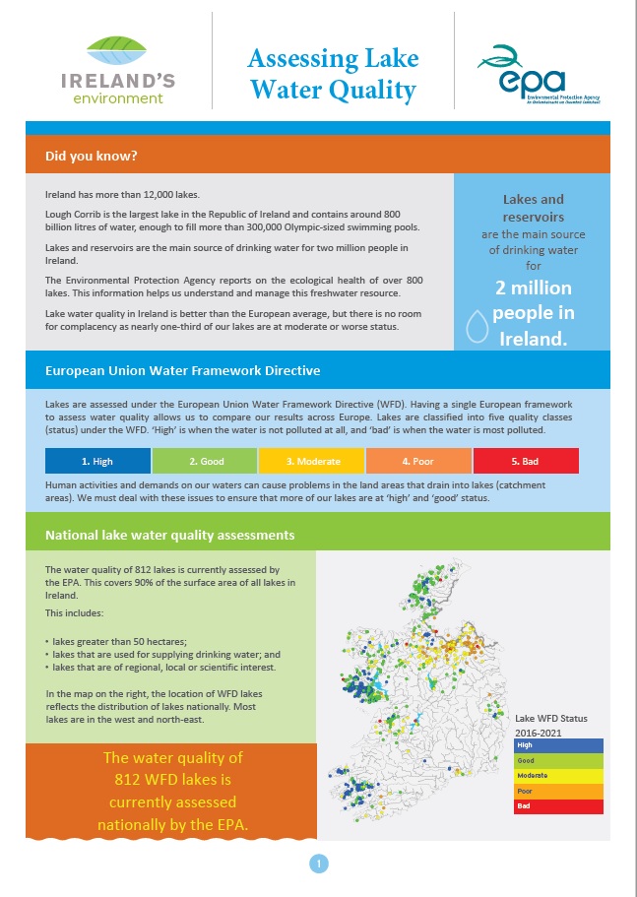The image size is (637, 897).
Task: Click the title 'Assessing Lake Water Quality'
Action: point(332,75)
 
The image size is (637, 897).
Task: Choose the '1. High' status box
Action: point(98,461)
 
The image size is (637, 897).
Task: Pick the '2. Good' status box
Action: point(205,461)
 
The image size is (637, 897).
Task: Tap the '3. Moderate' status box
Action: point(312,461)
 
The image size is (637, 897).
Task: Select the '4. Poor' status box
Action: point(419,461)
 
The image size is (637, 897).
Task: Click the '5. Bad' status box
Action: point(526,461)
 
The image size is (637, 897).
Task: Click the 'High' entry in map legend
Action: point(558,745)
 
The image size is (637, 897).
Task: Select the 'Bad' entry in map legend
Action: point(558,806)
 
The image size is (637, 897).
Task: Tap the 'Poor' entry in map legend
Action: point(558,791)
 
